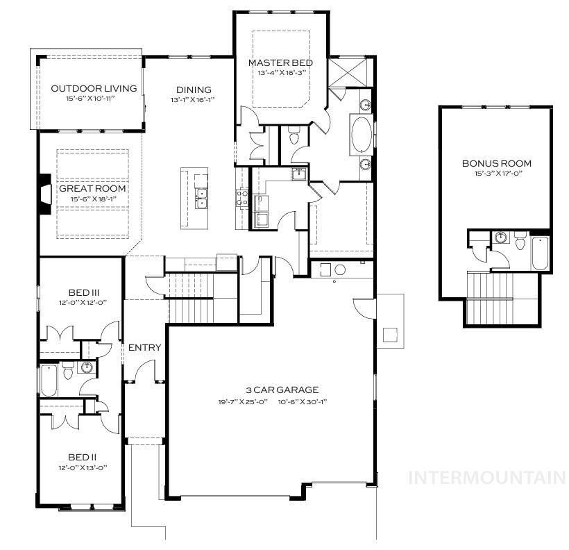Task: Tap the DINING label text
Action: (x=194, y=90)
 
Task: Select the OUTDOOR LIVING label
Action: (x=94, y=88)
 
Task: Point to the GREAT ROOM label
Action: (x=92, y=188)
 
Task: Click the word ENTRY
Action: (x=145, y=347)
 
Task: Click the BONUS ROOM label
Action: (x=496, y=163)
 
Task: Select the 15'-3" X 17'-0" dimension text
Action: (x=496, y=174)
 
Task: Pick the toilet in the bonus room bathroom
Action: (x=520, y=242)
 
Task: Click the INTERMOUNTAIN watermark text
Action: (x=487, y=478)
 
